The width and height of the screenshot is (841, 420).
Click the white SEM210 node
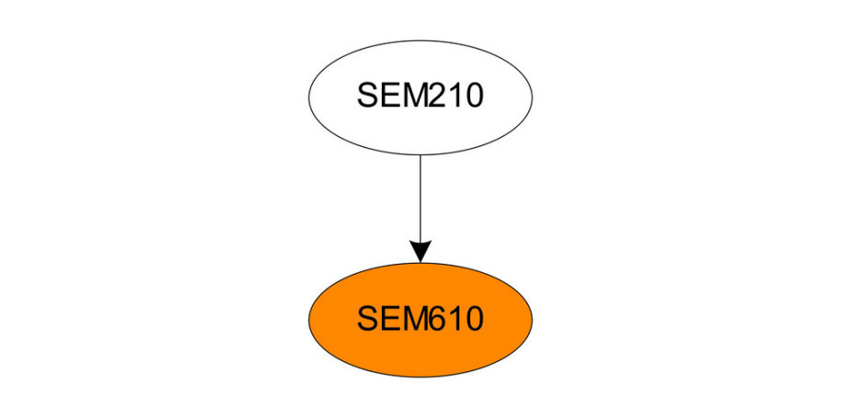tap(420, 97)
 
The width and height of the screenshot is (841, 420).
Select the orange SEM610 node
tap(420, 320)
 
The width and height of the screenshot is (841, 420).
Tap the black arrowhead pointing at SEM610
tap(420, 252)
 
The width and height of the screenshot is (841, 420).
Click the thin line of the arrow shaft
tap(420, 199)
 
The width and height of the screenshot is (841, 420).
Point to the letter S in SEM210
tap(368, 96)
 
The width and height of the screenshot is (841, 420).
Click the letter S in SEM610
tap(368, 319)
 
